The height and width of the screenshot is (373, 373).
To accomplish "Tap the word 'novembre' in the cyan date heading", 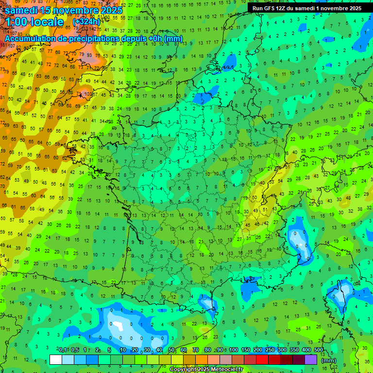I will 76,10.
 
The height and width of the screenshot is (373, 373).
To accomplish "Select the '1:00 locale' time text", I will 35,22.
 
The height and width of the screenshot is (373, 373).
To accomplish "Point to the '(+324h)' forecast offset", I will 86,22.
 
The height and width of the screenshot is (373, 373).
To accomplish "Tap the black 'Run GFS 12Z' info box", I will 306,8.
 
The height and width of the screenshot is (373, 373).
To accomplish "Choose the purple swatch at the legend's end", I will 311,359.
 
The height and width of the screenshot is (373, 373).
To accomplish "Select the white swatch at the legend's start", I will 56,359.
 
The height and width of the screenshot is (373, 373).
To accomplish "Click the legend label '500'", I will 318,350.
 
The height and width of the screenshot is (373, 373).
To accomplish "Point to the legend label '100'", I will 234,350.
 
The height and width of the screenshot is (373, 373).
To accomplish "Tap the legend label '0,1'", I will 63,350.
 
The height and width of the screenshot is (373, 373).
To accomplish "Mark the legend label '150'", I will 246,350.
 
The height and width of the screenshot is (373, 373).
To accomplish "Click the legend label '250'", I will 270,350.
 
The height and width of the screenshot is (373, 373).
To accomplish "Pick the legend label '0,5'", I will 75,350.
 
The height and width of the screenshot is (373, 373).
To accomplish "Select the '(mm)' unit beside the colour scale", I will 329,360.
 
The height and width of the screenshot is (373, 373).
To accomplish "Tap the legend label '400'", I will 306,350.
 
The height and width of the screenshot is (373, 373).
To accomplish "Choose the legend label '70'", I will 196,350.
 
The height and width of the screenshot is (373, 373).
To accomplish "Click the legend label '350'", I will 294,350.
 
